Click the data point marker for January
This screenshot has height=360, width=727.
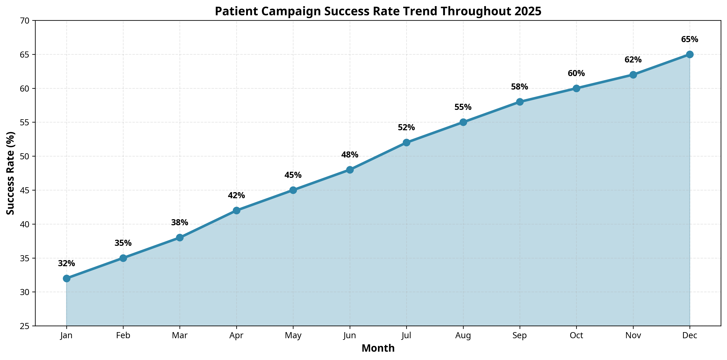pos(67,278)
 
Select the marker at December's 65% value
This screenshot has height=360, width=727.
pos(690,54)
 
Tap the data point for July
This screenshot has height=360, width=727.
pos(406,142)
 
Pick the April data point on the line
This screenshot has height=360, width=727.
pos(236,210)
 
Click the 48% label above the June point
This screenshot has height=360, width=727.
pos(350,155)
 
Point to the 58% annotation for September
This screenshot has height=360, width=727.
pos(520,87)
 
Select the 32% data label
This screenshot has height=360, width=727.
pos(67,264)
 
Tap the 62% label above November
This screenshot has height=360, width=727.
pos(633,60)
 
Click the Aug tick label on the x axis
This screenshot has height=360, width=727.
pos(463,335)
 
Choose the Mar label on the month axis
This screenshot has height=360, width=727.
pos(180,335)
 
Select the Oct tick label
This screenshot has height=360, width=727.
pos(576,335)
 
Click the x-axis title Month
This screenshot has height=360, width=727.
pos(378,348)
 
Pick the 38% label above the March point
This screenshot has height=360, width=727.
pos(180,223)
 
